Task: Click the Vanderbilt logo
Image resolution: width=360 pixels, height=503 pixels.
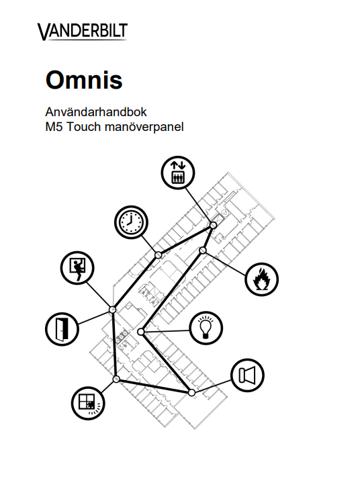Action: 83,32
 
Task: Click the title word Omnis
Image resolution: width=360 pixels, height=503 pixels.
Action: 84,79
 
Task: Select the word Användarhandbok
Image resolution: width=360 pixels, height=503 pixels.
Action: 96,112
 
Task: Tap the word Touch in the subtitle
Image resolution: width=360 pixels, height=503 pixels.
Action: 83,127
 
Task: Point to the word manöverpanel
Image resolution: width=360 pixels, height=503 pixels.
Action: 144,127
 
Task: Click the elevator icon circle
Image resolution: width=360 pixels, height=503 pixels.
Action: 178,173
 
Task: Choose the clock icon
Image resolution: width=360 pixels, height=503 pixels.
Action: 131,222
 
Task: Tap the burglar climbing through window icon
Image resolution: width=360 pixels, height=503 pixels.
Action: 77,267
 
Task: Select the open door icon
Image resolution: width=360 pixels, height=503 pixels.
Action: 62,329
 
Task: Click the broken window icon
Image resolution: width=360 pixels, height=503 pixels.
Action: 88,402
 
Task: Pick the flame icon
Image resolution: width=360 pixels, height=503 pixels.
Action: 261,279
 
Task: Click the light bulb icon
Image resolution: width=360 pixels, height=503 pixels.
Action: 206,328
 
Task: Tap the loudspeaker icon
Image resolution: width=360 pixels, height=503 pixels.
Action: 247,375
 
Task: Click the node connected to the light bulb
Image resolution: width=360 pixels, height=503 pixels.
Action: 140,332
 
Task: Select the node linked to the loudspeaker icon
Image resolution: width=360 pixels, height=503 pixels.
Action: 191,393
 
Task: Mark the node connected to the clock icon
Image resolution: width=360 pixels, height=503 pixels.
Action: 159,255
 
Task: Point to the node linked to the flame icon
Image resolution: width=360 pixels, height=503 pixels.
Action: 202,250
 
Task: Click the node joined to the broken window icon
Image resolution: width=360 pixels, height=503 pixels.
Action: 116,379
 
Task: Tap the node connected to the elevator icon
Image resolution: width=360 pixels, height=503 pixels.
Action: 213,225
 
